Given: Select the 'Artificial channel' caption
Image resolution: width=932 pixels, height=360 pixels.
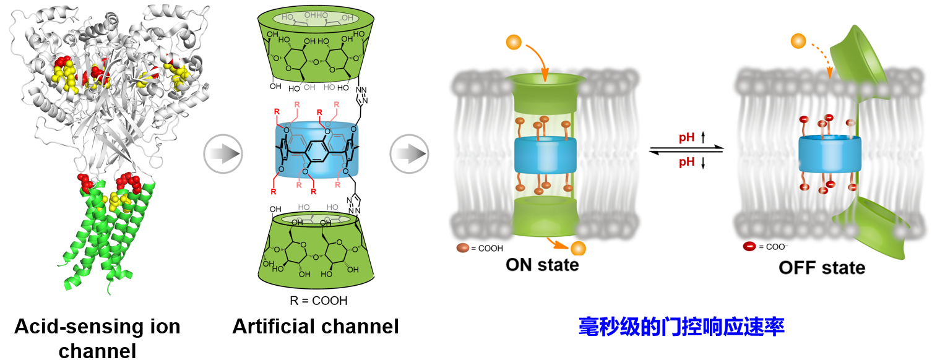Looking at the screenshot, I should click(315, 326).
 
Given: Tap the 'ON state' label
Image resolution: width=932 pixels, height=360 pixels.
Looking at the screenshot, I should click(542, 265).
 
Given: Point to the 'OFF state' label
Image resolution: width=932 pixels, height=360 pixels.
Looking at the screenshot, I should click(821, 268).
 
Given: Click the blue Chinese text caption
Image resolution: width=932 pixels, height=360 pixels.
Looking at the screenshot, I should click(681, 327).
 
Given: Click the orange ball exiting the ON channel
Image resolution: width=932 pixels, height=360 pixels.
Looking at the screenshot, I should click(578, 248).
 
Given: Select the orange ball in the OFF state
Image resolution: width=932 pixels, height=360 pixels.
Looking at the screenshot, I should click(798, 42).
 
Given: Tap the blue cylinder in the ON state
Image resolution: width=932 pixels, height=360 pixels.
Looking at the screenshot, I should click(545, 155).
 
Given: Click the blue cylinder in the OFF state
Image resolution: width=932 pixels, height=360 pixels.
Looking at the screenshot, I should click(829, 155).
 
